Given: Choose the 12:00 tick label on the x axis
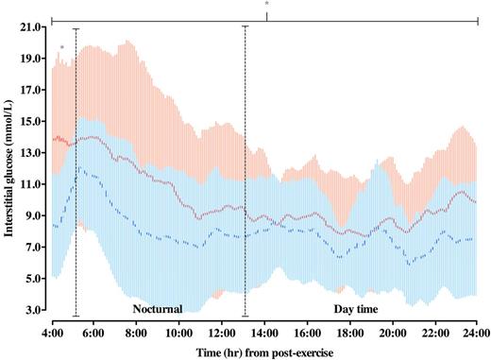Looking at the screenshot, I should [x=222, y=333].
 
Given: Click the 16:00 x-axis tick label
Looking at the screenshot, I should [x=307, y=333].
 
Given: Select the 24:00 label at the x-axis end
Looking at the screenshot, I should [x=476, y=333].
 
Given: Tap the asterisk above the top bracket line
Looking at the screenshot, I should [x=267, y=6].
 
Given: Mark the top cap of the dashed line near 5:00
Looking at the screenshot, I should [x=76, y=28].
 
